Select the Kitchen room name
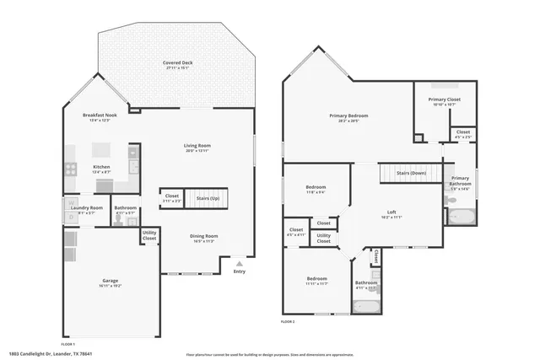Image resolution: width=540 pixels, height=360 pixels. click(x=100, y=166)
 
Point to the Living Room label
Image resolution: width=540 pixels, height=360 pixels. click(x=197, y=146)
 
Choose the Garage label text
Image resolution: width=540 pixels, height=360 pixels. click(x=111, y=281)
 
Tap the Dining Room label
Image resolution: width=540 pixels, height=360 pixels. click(x=204, y=236)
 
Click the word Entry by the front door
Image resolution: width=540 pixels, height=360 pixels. click(x=240, y=271)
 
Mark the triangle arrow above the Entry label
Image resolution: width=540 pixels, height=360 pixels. click(x=240, y=263)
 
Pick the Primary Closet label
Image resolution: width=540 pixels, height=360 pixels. click(x=445, y=99)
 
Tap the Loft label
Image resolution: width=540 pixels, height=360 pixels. click(x=391, y=212)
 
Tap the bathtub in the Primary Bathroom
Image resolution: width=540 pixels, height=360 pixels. click(x=461, y=217)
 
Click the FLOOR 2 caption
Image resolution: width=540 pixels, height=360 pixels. click(x=288, y=321)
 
